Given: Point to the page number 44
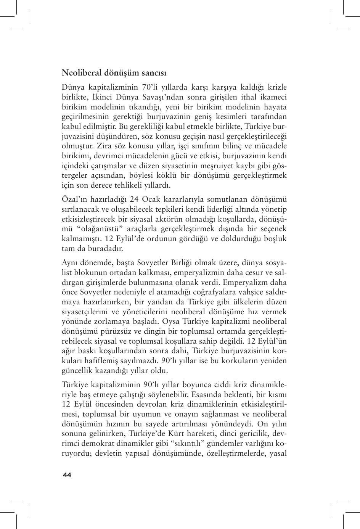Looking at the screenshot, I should (67, 475).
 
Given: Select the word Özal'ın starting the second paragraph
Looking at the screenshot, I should (74, 199).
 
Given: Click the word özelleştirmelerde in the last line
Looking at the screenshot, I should (236, 453).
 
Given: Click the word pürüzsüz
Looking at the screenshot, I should (109, 331).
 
